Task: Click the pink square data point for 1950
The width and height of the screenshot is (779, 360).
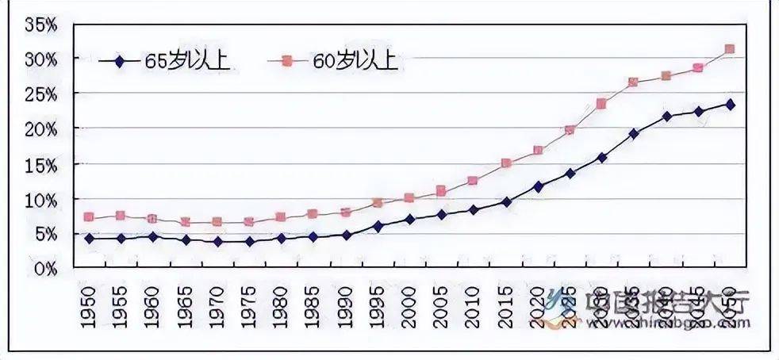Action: [89, 217]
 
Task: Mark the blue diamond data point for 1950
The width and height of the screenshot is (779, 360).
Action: [89, 238]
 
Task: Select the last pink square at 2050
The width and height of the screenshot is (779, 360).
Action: [730, 49]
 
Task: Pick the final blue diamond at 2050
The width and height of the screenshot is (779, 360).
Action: [730, 105]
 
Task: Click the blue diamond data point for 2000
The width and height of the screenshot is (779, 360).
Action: [409, 219]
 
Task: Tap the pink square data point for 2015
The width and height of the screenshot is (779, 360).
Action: [505, 163]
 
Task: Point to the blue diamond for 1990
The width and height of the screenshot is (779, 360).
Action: [345, 235]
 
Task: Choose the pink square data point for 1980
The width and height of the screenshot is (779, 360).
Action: [281, 217]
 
